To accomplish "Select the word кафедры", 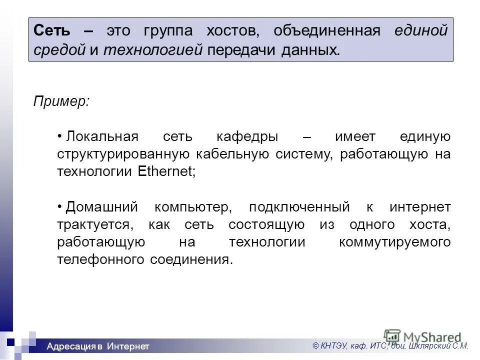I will [248, 137].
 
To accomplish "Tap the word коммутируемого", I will [394, 242].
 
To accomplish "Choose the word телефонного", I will [99, 260].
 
